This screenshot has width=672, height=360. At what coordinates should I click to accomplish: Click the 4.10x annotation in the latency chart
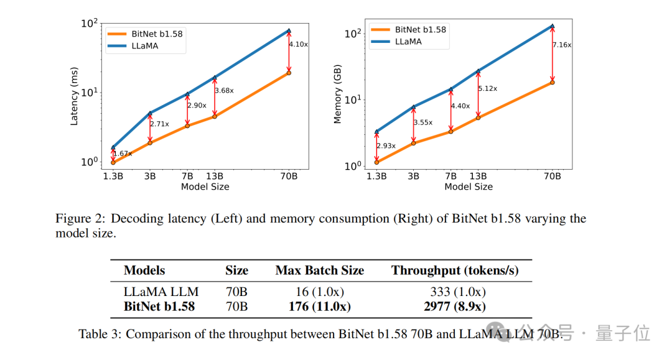click(x=299, y=44)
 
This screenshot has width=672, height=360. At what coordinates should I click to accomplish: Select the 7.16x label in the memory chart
click(x=562, y=45)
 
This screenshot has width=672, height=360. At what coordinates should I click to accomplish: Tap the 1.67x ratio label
click(x=122, y=153)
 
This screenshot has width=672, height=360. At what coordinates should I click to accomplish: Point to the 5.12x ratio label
click(x=488, y=88)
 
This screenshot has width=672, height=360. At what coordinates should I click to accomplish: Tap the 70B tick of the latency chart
click(x=289, y=176)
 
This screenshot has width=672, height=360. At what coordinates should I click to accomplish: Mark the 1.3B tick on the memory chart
click(x=376, y=176)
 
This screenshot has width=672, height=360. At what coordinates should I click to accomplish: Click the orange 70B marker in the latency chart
click(x=289, y=73)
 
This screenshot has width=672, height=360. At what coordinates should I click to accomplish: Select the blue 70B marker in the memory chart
click(x=552, y=26)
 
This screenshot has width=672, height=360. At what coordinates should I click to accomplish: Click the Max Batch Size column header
click(x=319, y=270)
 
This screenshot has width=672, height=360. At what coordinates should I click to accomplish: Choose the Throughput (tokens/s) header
click(x=455, y=270)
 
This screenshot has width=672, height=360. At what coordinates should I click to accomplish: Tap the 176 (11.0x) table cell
click(x=319, y=306)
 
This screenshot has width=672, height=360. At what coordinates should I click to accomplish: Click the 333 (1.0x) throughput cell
click(x=457, y=292)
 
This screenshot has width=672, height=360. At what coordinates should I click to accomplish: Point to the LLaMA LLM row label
click(x=161, y=292)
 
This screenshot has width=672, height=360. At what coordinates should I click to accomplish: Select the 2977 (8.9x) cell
click(x=455, y=306)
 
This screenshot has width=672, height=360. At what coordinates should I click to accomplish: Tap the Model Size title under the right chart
click(x=468, y=187)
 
